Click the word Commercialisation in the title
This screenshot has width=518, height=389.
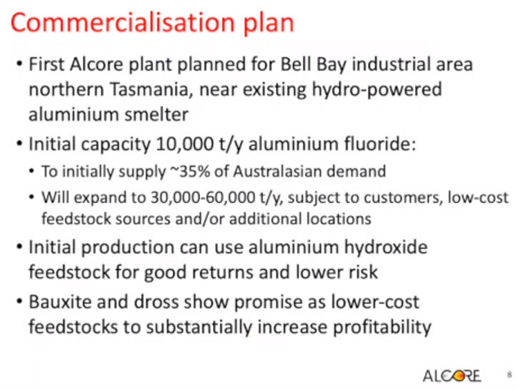(x=123, y=22)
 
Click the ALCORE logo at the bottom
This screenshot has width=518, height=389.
(x=452, y=376)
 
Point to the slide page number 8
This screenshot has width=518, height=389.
(x=509, y=375)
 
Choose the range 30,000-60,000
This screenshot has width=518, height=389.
(x=203, y=198)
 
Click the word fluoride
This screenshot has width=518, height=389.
(x=380, y=144)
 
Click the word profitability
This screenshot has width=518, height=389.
(x=382, y=328)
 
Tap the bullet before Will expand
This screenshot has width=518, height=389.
(x=31, y=197)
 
